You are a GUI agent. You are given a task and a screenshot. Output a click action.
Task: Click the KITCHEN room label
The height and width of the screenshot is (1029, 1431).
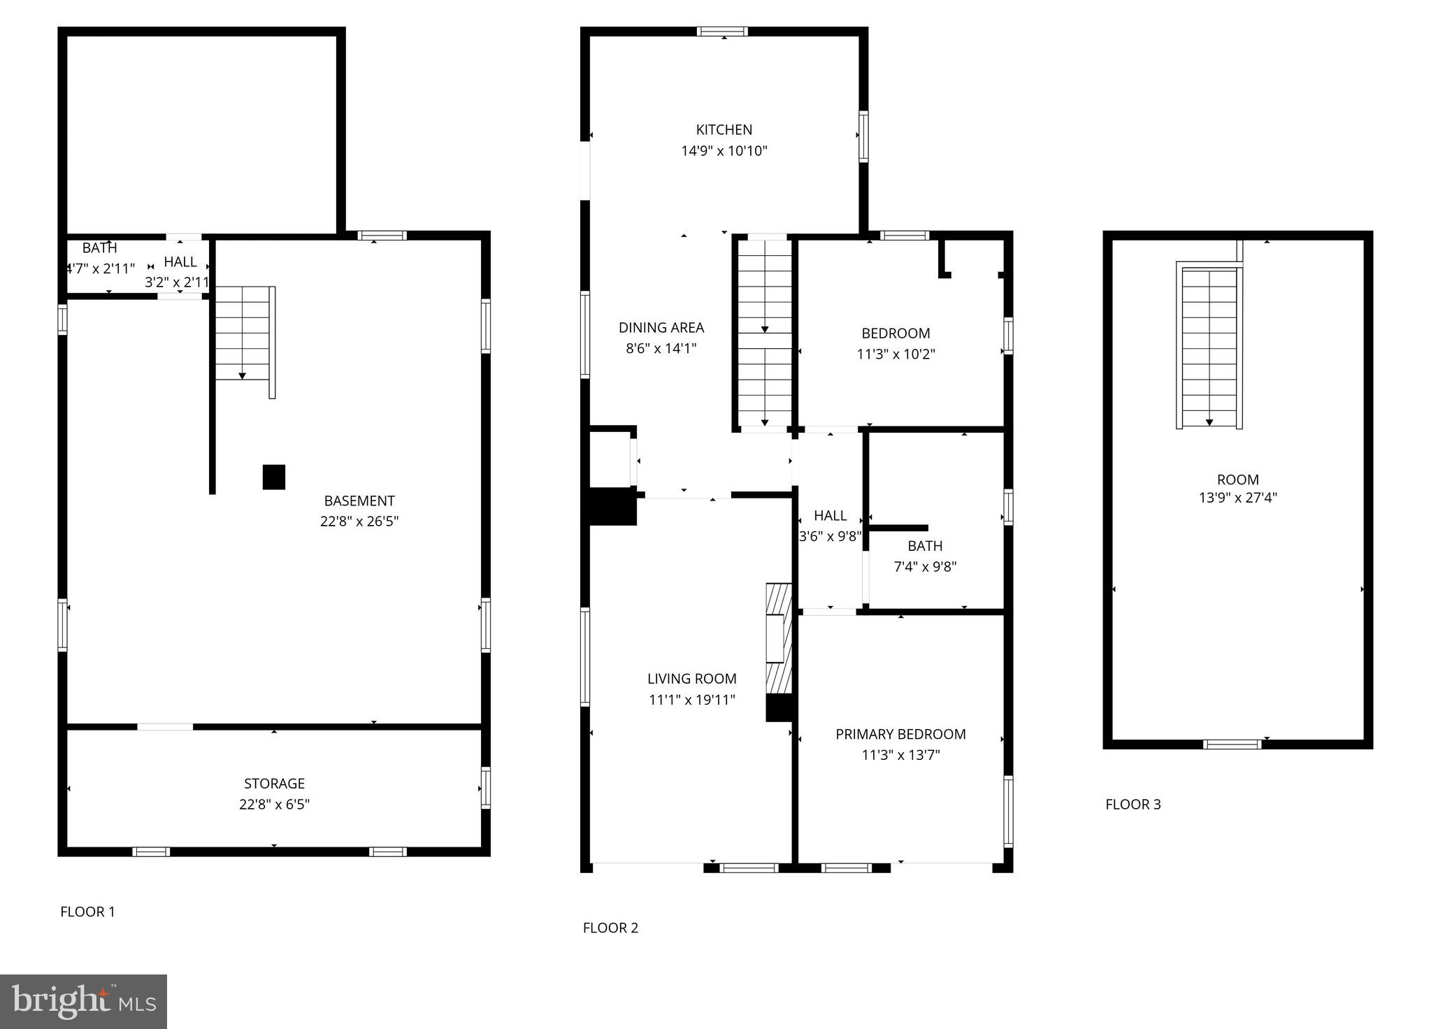click(x=724, y=130)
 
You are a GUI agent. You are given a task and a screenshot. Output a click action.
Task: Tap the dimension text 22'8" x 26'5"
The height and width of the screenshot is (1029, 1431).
click(x=359, y=521)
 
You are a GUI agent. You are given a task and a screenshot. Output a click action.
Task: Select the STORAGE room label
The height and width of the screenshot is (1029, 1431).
click(x=274, y=784)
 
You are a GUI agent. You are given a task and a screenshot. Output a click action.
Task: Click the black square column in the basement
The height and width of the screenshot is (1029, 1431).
click(x=274, y=477)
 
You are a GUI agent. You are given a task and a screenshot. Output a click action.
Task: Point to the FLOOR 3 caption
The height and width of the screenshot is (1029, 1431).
click(x=1132, y=805)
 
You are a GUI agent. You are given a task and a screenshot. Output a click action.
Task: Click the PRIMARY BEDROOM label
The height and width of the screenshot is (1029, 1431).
click(x=900, y=734)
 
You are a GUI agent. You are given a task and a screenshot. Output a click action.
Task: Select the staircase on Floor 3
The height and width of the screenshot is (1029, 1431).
click(x=1209, y=347)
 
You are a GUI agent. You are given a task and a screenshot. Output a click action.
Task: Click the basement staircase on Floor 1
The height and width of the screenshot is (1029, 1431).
click(x=243, y=334)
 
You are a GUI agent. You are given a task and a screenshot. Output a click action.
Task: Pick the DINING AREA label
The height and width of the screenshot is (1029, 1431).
click(x=661, y=328)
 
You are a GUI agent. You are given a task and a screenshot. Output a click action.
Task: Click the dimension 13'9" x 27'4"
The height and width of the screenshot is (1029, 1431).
click(x=1237, y=498)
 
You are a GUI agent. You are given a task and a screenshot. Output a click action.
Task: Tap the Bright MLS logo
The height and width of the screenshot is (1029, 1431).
click(x=83, y=1002)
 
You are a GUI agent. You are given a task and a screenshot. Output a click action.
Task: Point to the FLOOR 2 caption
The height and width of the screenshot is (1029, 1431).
click(x=610, y=928)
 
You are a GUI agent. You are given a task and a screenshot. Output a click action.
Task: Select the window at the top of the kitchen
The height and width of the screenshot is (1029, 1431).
click(x=722, y=31)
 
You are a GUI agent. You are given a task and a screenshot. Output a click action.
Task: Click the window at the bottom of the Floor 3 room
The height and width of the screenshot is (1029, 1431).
click(x=1232, y=744)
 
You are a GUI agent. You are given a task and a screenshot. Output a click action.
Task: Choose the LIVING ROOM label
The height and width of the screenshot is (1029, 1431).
click(x=691, y=679)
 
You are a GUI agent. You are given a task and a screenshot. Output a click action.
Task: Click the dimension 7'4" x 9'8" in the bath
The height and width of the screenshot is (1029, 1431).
click(x=925, y=567)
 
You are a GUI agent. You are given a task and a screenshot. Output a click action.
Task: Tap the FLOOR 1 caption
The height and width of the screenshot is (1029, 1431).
click(x=87, y=912)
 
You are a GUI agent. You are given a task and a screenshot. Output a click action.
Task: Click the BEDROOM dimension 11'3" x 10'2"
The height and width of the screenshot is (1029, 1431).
click(x=896, y=354)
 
